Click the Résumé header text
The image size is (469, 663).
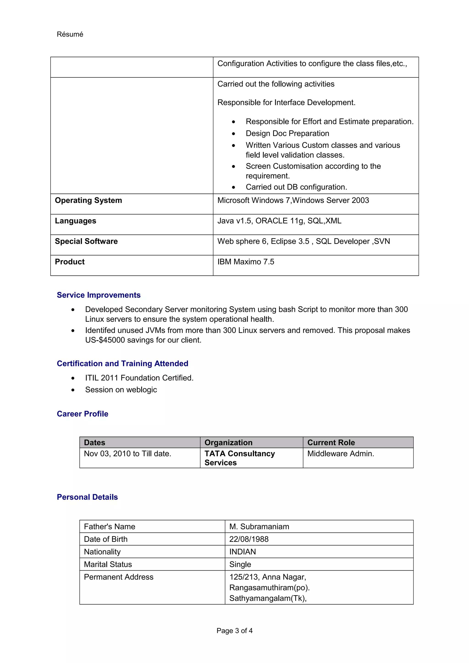(70, 34)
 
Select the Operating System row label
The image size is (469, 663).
(88, 200)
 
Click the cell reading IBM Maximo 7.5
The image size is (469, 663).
(246, 262)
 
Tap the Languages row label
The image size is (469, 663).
(75, 221)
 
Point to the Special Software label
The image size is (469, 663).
(86, 241)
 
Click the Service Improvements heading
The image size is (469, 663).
(98, 295)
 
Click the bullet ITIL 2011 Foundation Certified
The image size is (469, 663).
(139, 378)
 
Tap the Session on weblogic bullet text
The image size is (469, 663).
(121, 390)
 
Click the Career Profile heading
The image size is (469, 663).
(82, 414)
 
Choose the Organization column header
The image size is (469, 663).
(228, 443)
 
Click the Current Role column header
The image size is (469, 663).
(331, 443)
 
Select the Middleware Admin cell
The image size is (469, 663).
(340, 454)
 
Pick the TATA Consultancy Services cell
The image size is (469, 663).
(239, 458)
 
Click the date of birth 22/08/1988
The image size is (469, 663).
(249, 539)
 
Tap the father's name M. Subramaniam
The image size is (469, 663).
(259, 527)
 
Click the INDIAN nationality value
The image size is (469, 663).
(243, 552)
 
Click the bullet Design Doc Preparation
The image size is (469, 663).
(287, 133)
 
